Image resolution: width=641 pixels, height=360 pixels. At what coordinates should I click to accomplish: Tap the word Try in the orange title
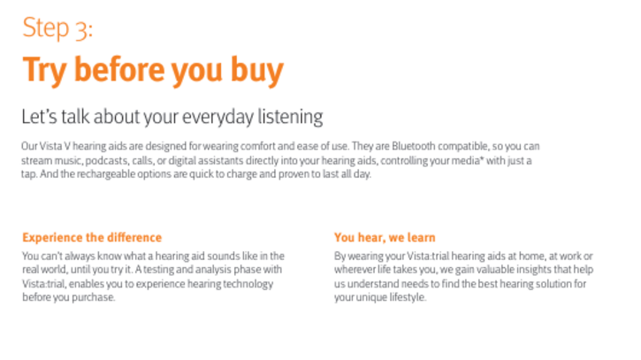pyautogui.click(x=44, y=71)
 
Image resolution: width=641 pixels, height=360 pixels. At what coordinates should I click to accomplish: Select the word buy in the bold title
pyautogui.click(x=256, y=71)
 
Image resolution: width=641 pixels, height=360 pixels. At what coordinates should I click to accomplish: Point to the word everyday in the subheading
pyautogui.click(x=217, y=118)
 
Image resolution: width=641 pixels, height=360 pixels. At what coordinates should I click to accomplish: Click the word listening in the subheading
pyautogui.click(x=290, y=118)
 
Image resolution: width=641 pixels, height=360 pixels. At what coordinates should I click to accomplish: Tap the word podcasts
pyautogui.click(x=107, y=160)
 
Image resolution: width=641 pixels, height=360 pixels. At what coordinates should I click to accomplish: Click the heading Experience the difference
pyautogui.click(x=92, y=237)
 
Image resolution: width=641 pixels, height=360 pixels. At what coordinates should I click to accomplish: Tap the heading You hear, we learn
pyautogui.click(x=385, y=237)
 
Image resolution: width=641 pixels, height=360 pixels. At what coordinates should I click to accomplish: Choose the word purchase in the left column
pyautogui.click(x=94, y=297)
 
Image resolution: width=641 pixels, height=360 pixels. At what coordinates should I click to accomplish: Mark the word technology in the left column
pyautogui.click(x=248, y=284)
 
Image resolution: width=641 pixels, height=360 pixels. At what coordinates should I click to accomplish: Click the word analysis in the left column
pyautogui.click(x=212, y=270)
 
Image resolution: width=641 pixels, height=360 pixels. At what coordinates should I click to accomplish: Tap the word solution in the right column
pyautogui.click(x=553, y=284)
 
